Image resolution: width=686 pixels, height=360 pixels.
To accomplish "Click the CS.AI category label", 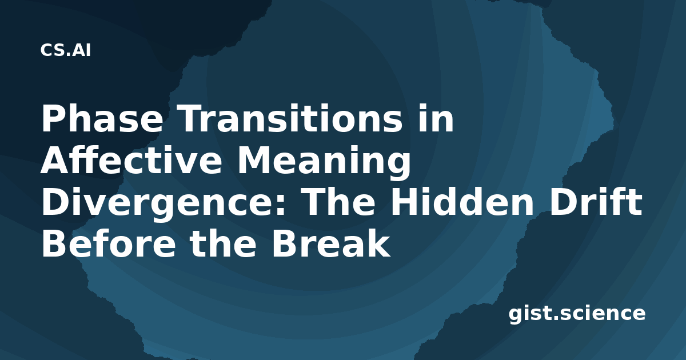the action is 66,50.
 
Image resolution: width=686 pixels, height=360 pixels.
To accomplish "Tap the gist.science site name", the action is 577,314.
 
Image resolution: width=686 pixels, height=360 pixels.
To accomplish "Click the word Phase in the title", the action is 102,118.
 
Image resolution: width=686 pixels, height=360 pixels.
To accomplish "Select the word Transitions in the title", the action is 290,118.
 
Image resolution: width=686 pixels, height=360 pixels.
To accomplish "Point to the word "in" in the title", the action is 436,118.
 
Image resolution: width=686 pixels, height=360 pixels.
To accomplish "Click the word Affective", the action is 131,160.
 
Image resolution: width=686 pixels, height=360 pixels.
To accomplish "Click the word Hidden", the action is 462,201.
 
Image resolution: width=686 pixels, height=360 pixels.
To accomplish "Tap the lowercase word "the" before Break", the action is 223,243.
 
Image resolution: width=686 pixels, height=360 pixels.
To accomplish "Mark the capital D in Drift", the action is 563,202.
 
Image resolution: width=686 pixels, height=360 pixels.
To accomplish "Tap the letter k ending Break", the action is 379,243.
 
